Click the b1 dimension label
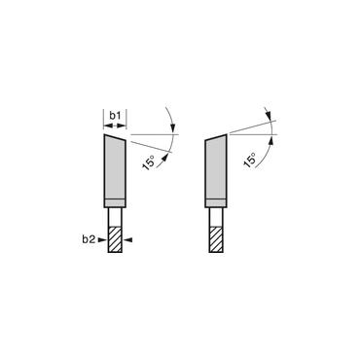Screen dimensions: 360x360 click(x=114, y=117)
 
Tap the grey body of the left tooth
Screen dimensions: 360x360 click(x=114, y=167)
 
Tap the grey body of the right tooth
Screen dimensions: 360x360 click(x=217, y=167)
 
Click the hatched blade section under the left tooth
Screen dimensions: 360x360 click(x=114, y=237)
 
